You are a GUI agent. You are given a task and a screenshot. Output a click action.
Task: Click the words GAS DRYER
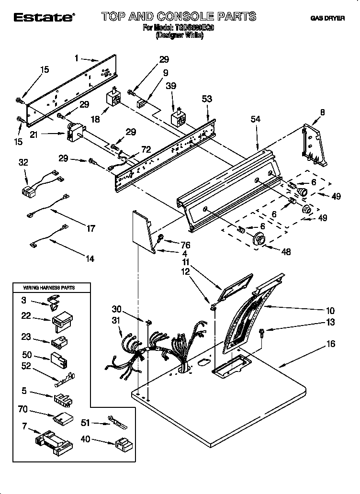point(327,19)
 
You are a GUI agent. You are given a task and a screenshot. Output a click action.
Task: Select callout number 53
point(207,99)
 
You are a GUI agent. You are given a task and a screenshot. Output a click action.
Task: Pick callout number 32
point(23,163)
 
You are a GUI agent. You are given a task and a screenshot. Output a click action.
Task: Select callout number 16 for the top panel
point(331,344)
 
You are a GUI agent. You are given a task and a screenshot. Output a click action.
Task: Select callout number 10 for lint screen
point(330,311)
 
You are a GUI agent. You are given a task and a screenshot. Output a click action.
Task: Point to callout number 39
point(171,86)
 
